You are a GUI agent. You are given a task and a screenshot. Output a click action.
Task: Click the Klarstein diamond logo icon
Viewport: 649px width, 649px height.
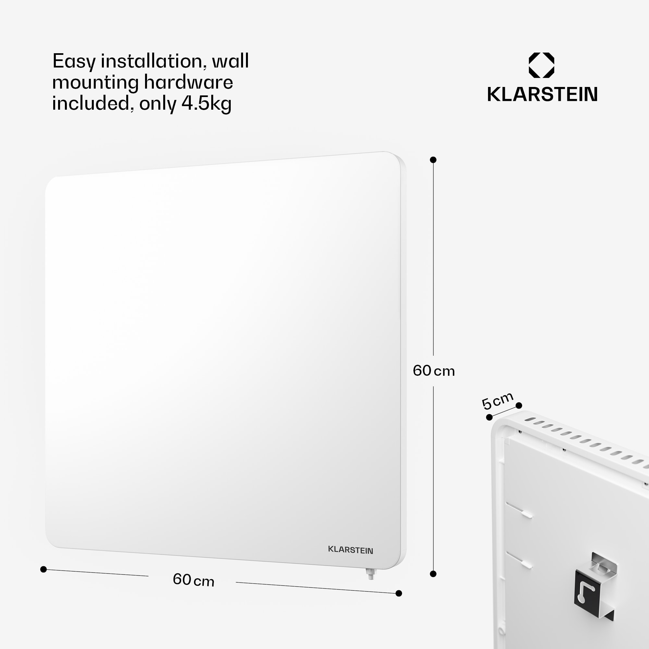[x=541, y=65]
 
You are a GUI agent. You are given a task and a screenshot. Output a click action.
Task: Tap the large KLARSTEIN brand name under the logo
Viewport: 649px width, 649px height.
[x=542, y=94]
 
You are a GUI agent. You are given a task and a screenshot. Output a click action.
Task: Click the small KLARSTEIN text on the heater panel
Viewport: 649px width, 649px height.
[x=350, y=550]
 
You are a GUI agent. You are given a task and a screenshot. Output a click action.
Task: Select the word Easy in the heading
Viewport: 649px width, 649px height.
[x=74, y=62]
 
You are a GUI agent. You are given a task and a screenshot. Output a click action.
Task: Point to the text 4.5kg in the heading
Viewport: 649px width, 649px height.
[x=206, y=104]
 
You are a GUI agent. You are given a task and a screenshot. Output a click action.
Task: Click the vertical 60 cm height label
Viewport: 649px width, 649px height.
[x=434, y=371]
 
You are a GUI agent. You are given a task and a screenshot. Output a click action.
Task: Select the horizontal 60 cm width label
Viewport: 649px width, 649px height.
[x=193, y=580]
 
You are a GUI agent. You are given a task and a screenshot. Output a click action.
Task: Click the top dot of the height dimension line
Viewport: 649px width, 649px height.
[x=433, y=160]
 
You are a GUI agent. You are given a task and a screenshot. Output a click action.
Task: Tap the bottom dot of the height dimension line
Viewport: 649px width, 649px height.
[x=433, y=574]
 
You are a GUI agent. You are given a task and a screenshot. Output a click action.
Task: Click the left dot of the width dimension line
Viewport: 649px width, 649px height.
[x=43, y=569]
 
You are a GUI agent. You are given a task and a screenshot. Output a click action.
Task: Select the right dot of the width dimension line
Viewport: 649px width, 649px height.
[x=399, y=593]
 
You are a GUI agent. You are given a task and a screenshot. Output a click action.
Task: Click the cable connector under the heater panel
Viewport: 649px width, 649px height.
[x=371, y=573]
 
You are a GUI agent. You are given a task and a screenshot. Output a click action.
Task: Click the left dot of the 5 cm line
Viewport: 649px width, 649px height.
[x=489, y=417]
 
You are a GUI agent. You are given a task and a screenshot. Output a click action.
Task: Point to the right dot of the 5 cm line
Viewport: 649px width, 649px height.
[x=519, y=405]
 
